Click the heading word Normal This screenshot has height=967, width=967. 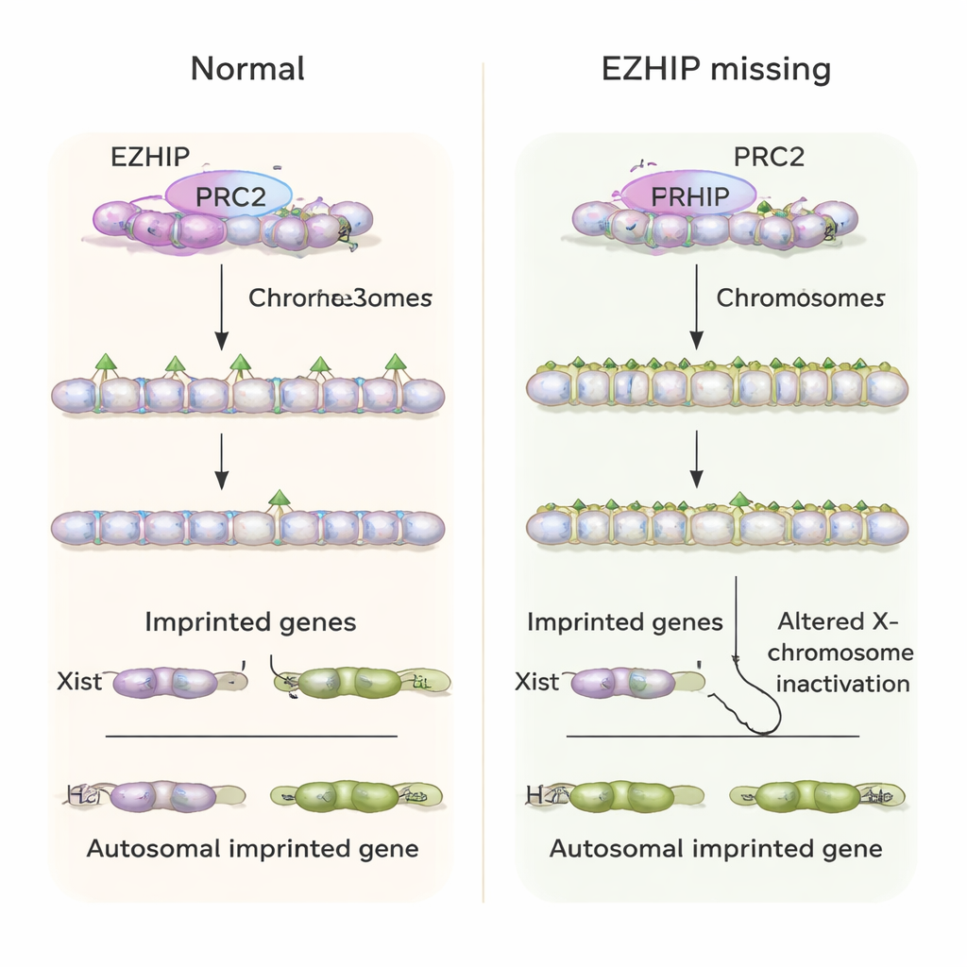pos(247,69)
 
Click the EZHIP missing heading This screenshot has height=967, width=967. pos(716,69)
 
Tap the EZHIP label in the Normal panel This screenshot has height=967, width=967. pos(150,156)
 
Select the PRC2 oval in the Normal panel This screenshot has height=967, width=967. pos(229,195)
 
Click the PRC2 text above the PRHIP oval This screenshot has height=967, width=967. pos(769,156)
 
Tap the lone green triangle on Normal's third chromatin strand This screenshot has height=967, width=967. pos(278,498)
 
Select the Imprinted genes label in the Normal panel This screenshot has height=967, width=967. pos(250,622)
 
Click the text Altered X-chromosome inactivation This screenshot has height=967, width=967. pos(844,653)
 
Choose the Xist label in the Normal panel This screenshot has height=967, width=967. pos(78,681)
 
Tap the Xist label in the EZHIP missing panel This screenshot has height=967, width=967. pos(538,681)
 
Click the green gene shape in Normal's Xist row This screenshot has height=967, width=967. pos(352,682)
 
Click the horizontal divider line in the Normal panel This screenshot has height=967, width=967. pos(251,735)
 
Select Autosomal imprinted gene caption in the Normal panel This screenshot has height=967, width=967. pos(252,848)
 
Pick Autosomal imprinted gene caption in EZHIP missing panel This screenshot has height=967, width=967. pos(716,848)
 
